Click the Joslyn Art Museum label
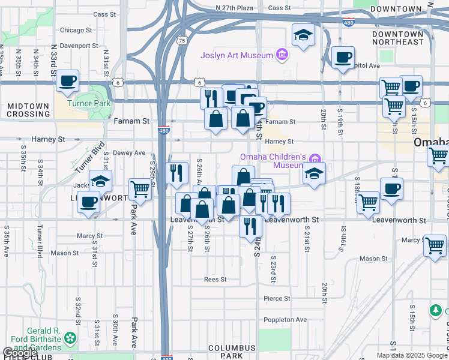pyautogui.click(x=237, y=56)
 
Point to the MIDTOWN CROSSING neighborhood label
pyautogui.click(x=28, y=110)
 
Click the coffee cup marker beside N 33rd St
pyautogui.click(x=68, y=80)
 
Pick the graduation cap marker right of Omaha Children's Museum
pyautogui.click(x=314, y=173)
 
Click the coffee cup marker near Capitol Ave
pyautogui.click(x=343, y=58)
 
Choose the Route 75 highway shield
pyautogui.click(x=182, y=40)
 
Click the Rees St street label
pyautogui.click(x=215, y=280)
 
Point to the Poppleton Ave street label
pyautogui.click(x=285, y=319)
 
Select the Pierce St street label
pyautogui.click(x=277, y=298)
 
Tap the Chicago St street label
pyautogui.click(x=76, y=29)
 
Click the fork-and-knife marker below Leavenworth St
pyautogui.click(x=250, y=226)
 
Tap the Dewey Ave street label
pyautogui.click(x=130, y=153)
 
